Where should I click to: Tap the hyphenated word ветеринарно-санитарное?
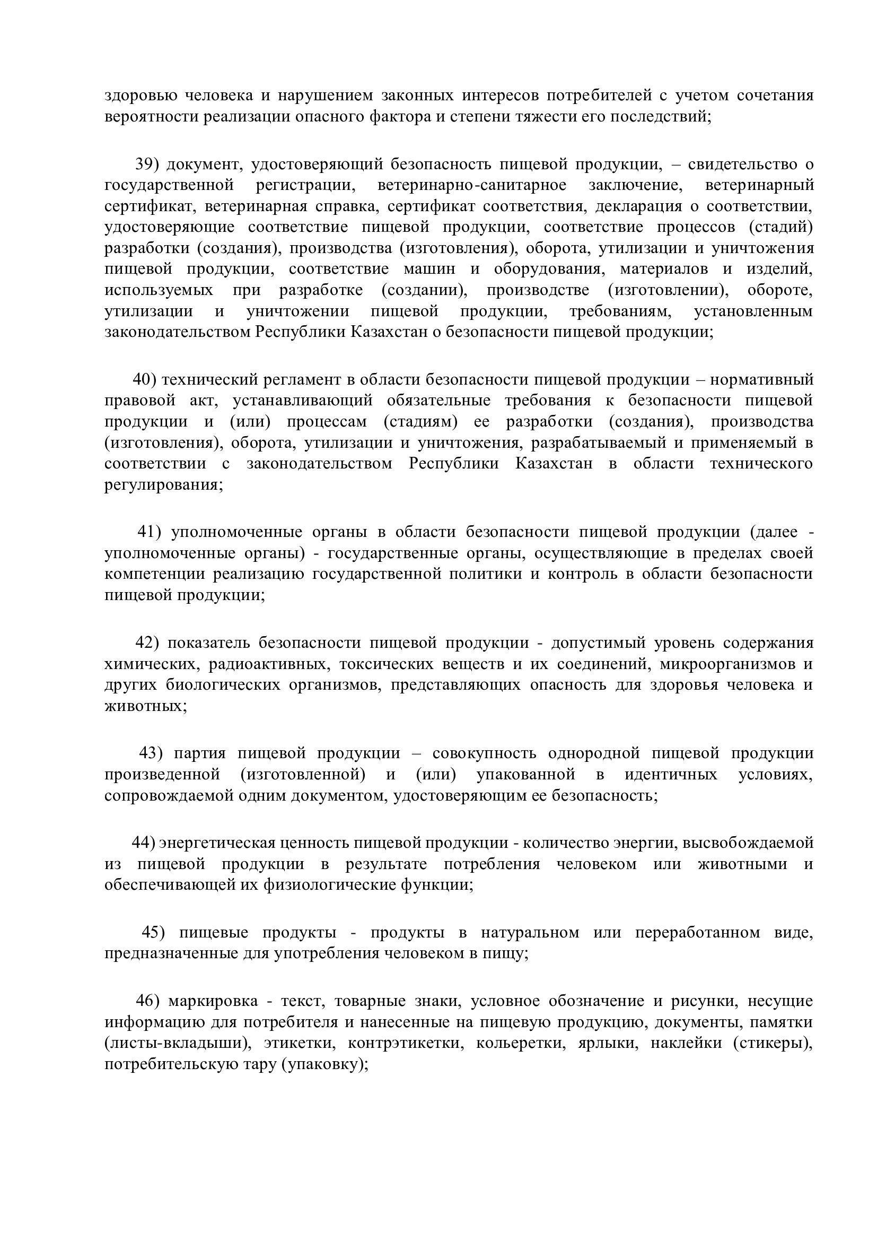472,185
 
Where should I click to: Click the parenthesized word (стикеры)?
773,1044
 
